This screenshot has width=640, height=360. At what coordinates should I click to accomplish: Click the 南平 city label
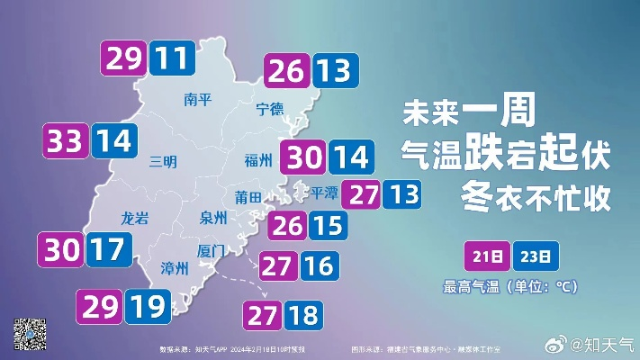(x=196, y=99)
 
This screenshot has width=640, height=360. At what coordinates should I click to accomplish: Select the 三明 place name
(x=163, y=161)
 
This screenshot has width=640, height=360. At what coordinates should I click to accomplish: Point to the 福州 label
(x=258, y=161)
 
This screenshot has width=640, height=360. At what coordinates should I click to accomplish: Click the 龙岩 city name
(x=134, y=217)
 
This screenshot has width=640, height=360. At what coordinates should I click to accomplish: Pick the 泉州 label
(x=213, y=217)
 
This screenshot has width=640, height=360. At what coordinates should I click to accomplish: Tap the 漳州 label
(x=174, y=267)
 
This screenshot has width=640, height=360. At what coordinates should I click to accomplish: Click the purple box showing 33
(x=66, y=141)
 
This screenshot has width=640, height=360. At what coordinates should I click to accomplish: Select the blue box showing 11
(x=170, y=58)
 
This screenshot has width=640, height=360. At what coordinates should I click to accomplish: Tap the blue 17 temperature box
(x=105, y=249)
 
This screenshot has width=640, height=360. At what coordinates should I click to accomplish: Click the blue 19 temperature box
(x=147, y=307)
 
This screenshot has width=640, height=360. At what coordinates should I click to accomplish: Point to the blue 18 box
(x=305, y=315)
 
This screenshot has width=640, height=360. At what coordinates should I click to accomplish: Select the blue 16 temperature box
(x=320, y=265)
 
